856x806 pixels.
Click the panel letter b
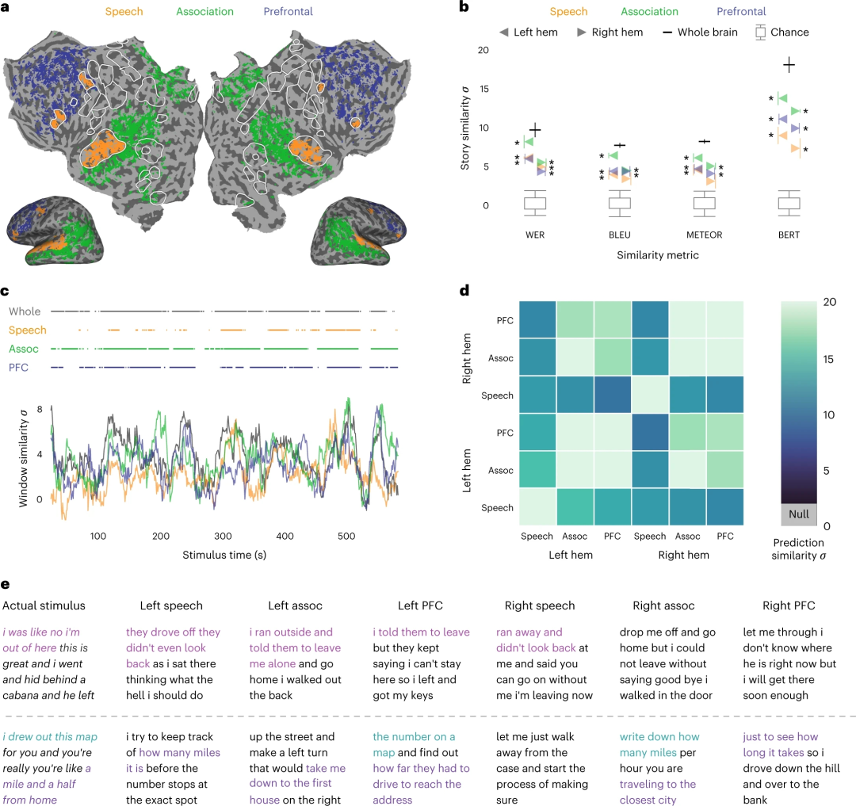pos(464,7)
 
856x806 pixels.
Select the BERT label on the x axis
pos(788,235)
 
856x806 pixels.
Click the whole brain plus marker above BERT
pos(789,65)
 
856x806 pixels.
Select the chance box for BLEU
pos(620,203)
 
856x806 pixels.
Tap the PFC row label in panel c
pos(18,367)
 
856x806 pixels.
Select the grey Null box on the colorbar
pos(798,514)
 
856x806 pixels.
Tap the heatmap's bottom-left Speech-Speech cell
pos(537,507)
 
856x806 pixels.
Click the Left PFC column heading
pos(420,606)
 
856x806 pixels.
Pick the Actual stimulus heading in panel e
pos(44,606)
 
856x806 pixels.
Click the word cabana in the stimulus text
pos(28,695)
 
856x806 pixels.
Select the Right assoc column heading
pos(663,606)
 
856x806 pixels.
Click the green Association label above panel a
pos(204,12)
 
